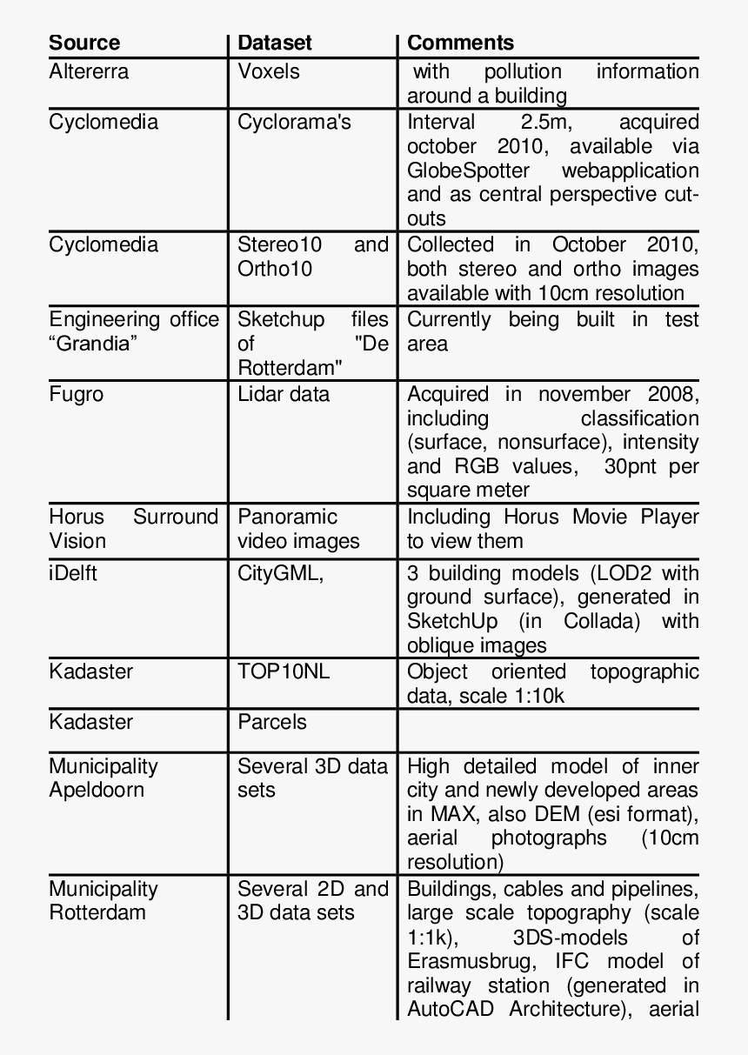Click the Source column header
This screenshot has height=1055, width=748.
pos(84,43)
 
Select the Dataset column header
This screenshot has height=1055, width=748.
pos(274,43)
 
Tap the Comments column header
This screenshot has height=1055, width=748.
pos(460,43)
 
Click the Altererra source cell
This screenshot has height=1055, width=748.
pos(89,71)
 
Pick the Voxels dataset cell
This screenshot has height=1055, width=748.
pos(269,71)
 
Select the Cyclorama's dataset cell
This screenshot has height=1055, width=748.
pos(294,122)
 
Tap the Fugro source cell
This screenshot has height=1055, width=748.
pos(76,394)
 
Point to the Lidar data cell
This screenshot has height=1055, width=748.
pos(284,394)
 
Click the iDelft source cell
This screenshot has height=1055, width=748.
pos(73,574)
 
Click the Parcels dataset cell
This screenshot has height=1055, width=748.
pos(272,722)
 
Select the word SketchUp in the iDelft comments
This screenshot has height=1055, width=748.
pos(452,622)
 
